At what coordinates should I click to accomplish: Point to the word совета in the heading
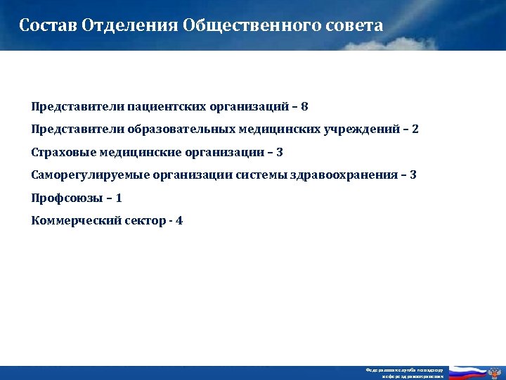pyautogui.click(x=355, y=26)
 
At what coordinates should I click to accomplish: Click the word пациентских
pyautogui.click(x=162, y=108)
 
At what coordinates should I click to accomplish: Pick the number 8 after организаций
pyautogui.click(x=304, y=108)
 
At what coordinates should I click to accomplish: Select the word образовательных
pyautogui.click(x=176, y=130)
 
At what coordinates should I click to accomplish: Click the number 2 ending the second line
pyautogui.click(x=415, y=130)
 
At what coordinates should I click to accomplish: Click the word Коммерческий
pyautogui.click(x=71, y=220)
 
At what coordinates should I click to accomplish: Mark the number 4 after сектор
pyautogui.click(x=180, y=220)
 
